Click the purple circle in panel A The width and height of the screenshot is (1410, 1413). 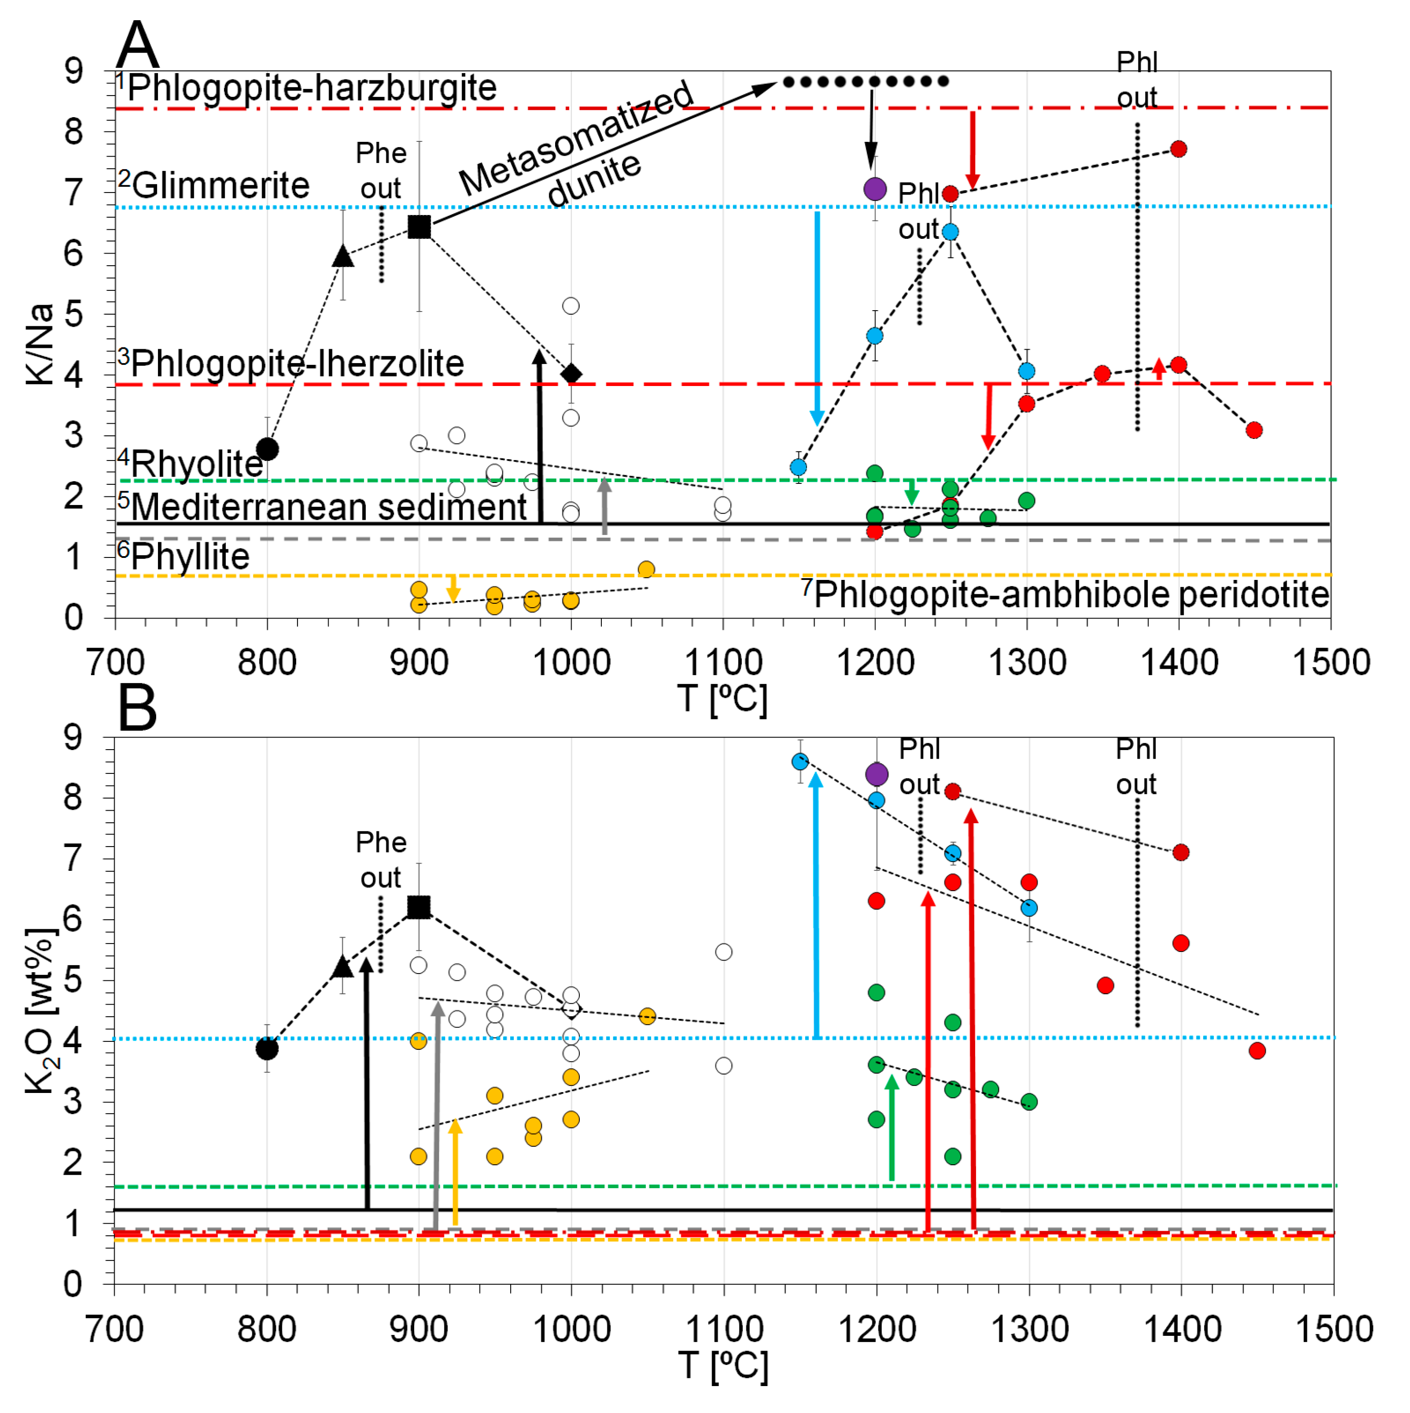[875, 189]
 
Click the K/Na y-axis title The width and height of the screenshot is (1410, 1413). [40, 344]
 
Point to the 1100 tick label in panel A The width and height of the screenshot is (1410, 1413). [723, 663]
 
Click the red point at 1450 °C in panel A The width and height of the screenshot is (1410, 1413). [1253, 430]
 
